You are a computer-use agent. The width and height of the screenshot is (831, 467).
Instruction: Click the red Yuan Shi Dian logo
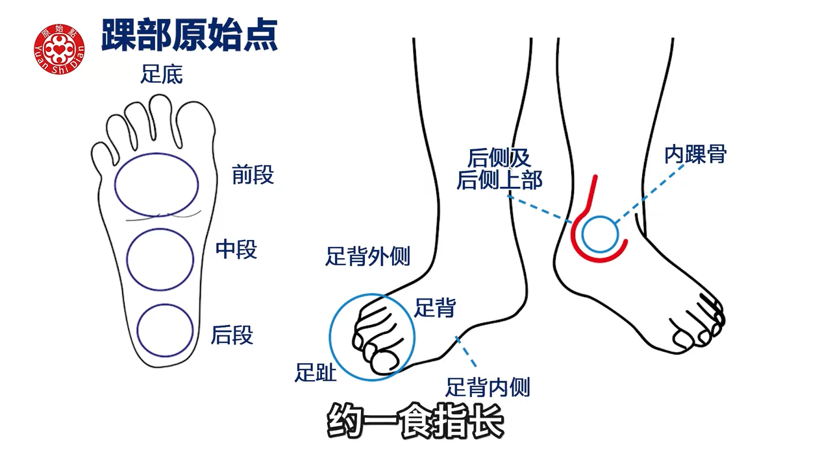[x=59, y=49]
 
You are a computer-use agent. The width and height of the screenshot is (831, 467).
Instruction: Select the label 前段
[x=253, y=175]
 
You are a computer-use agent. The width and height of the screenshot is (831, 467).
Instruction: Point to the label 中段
[x=236, y=250]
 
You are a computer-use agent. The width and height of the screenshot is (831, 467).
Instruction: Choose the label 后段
[x=232, y=335]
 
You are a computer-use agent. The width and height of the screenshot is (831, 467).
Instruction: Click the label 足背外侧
[x=367, y=257]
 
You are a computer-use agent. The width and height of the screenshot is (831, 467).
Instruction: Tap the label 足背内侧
[x=488, y=388]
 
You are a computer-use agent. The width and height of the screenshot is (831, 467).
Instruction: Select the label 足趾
[x=316, y=372]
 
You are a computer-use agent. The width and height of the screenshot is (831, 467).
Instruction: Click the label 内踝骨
[x=695, y=155]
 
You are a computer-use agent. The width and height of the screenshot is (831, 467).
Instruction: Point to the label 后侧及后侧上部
[x=499, y=169]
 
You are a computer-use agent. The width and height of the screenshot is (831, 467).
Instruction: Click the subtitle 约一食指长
[x=415, y=422]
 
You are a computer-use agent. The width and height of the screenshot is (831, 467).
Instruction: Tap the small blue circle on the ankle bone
[x=599, y=234]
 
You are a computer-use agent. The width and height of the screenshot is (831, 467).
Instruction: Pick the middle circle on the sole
[x=160, y=259]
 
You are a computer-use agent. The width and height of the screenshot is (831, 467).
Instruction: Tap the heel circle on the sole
[x=165, y=329]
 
